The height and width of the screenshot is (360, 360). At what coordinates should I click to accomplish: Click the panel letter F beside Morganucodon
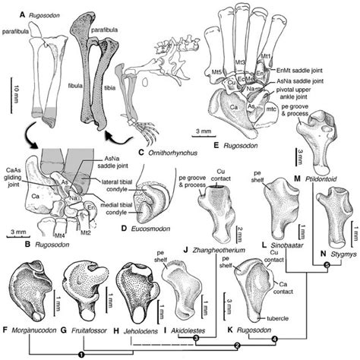coord(7,330)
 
